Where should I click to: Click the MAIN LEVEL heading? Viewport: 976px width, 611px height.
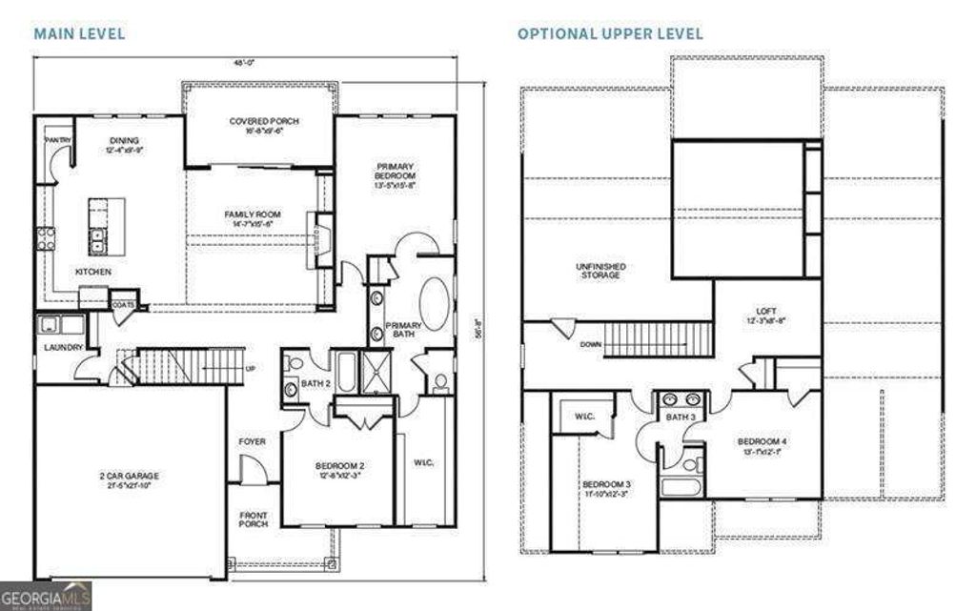(x=80, y=33)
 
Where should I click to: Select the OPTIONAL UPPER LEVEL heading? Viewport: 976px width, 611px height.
(x=610, y=33)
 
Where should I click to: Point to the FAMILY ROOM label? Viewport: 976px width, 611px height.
(x=253, y=214)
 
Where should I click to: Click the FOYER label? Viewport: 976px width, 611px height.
(x=253, y=441)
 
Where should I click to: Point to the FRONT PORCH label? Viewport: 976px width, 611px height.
(x=254, y=521)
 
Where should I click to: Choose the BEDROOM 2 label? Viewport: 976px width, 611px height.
(x=340, y=466)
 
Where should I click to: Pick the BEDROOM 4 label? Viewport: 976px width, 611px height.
(x=762, y=441)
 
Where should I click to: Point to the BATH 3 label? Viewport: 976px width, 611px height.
(x=680, y=418)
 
